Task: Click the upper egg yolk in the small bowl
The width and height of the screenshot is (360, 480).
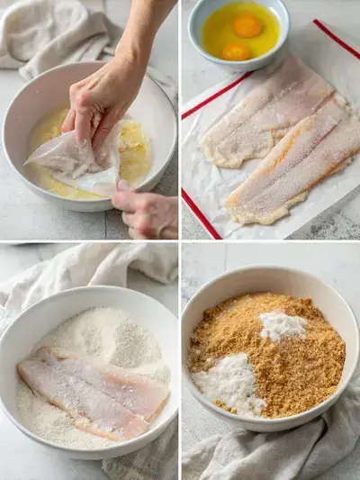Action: point(247,26)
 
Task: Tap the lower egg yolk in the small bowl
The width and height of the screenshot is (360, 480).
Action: point(236,51)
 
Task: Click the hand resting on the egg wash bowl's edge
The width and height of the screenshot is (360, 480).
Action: point(148,213)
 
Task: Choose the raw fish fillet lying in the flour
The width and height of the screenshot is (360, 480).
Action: point(90,387)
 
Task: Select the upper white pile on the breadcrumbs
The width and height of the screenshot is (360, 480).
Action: point(283,325)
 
